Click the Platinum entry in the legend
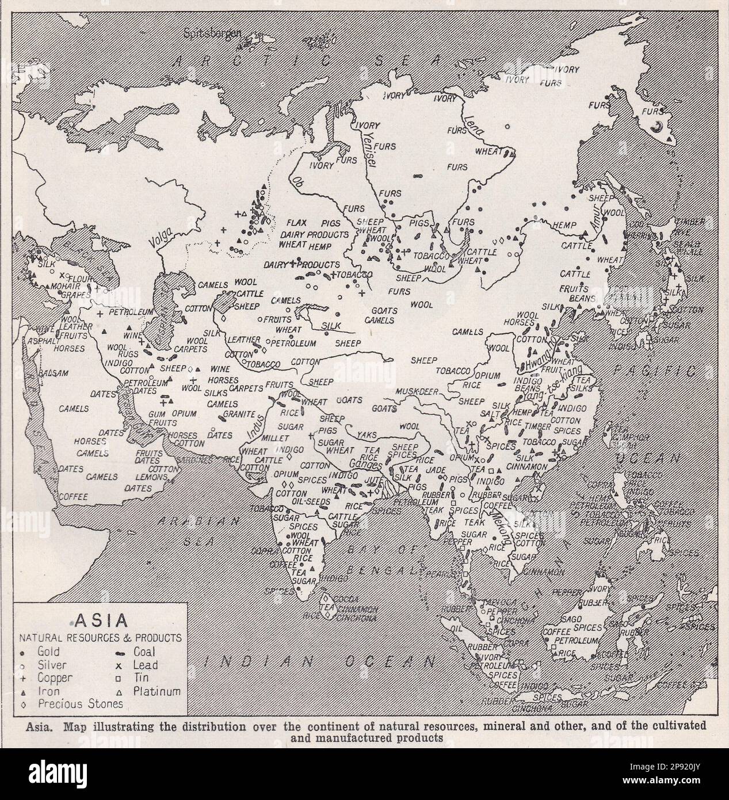point(157,691)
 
